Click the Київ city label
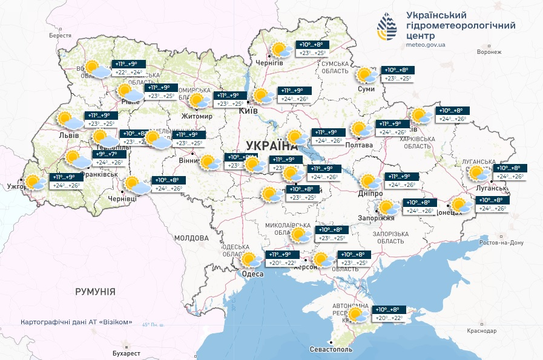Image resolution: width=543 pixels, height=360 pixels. (249, 111)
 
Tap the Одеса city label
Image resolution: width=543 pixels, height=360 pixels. (252, 274)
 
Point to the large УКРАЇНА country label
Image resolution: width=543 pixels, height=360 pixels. (272, 145)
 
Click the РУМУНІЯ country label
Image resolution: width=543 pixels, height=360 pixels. (95, 292)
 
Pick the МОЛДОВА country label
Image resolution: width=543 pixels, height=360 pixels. (191, 238)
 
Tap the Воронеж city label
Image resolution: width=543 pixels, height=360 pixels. (489, 52)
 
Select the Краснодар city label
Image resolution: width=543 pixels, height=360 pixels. (482, 331)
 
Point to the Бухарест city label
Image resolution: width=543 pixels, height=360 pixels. (127, 353)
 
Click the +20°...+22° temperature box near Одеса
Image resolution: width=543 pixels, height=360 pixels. (283, 263)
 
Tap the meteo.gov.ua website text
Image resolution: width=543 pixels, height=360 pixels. (427, 45)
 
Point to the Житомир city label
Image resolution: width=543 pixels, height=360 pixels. (197, 116)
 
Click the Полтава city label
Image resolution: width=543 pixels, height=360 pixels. (358, 145)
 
